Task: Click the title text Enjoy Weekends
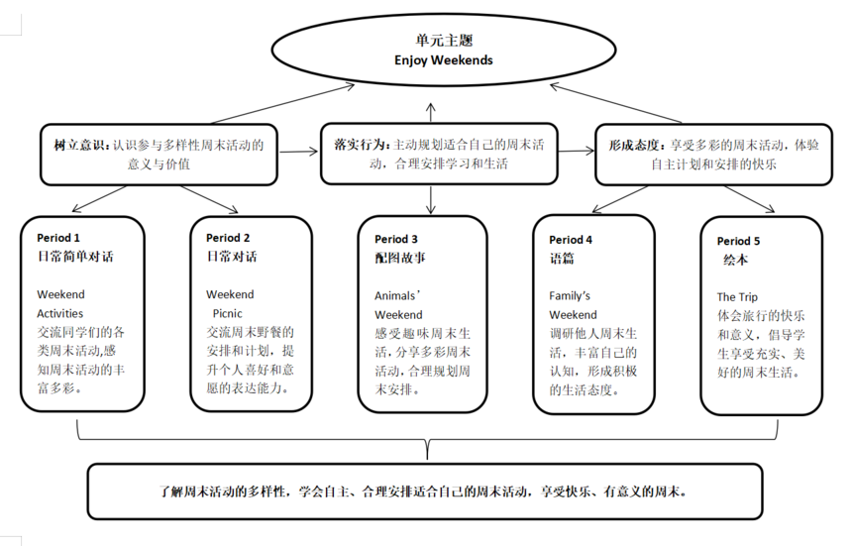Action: click(429, 59)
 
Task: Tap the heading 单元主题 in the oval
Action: click(429, 42)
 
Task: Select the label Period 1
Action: click(58, 238)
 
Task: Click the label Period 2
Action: click(228, 238)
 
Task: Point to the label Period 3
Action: click(396, 239)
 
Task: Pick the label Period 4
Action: click(571, 240)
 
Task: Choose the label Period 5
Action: click(738, 241)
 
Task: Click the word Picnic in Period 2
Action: click(227, 313)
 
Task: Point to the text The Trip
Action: click(737, 297)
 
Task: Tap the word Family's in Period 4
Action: click(570, 295)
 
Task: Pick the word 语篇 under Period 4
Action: click(562, 258)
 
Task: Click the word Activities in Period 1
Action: click(60, 313)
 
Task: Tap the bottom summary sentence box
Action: click(425, 491)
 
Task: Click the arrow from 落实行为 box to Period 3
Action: click(431, 198)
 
